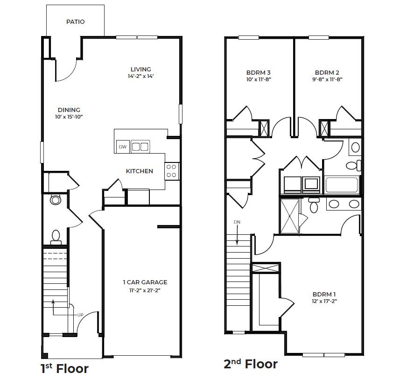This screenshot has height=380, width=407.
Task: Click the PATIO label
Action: click(x=75, y=21)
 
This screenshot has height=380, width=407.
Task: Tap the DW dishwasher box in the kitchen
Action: click(x=122, y=147)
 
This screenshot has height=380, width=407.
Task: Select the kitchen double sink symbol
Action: click(x=140, y=147)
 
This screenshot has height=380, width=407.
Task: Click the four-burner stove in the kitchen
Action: click(x=171, y=170)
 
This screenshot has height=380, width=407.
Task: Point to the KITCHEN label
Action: click(x=139, y=171)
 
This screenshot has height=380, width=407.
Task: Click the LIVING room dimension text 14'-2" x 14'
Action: click(x=140, y=76)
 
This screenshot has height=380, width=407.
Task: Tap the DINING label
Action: click(x=69, y=110)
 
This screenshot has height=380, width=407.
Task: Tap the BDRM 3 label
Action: click(x=259, y=73)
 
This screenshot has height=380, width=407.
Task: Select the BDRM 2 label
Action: click(x=327, y=73)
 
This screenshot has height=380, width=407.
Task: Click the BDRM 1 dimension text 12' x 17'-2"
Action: click(x=324, y=301)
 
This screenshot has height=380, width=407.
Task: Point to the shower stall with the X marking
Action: click(x=290, y=215)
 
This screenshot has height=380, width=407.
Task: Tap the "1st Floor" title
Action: click(x=64, y=368)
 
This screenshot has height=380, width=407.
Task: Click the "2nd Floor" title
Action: click(x=251, y=364)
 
